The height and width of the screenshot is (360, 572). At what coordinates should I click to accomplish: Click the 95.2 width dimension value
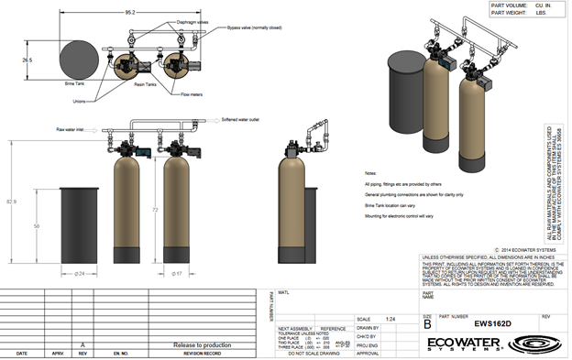pos(130,14)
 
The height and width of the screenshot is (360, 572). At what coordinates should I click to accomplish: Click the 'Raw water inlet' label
pos(71,131)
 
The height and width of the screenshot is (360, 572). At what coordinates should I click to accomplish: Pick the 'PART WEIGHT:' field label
pos(511,13)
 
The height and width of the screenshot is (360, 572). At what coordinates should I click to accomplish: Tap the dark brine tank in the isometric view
pos(404,91)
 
